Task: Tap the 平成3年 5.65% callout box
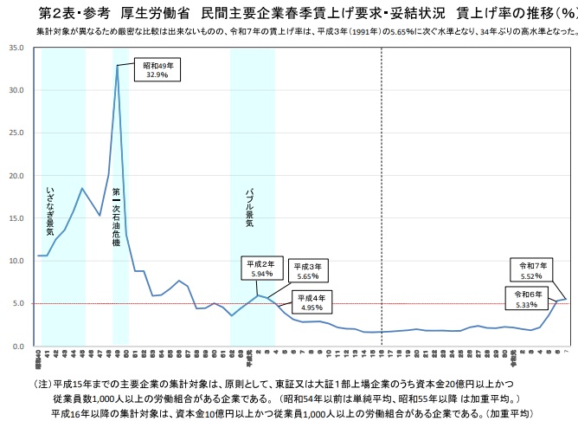tap(308, 271)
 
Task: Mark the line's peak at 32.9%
tap(118, 66)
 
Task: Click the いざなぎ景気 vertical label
tap(49, 212)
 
